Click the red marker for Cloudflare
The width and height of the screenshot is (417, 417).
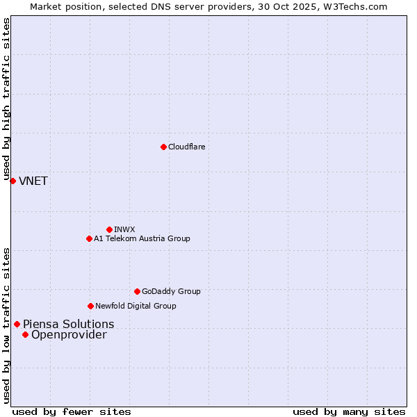coord(163,147)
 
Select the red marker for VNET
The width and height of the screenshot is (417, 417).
coord(13,181)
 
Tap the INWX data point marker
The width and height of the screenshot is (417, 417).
coord(109,229)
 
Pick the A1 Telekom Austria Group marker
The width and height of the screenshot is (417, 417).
coord(89,238)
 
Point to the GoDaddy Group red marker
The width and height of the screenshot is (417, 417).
coord(137,291)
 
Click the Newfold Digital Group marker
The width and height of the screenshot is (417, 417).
coord(90,306)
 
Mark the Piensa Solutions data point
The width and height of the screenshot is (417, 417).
coord(17,324)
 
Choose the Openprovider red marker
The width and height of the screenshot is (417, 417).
coord(25,334)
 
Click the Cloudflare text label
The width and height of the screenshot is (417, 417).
coord(186,147)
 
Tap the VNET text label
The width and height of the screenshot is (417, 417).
coord(33,181)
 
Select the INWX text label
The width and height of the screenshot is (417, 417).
coord(124,229)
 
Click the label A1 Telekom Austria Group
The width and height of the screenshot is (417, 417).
coord(142,238)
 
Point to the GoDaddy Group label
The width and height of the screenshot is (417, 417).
coord(171,291)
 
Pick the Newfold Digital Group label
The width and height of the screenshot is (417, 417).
coord(136,306)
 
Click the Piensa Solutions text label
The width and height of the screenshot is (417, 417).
coord(69,324)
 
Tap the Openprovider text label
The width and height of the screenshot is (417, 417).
coord(69,335)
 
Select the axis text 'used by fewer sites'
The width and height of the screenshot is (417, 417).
coord(72,411)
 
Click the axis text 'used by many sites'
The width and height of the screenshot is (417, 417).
coord(349,411)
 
